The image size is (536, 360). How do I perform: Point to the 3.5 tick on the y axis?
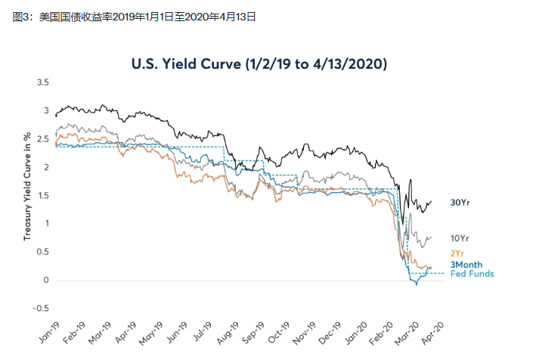(x=42, y=82)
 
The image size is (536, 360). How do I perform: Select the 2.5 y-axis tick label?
(x=42, y=138)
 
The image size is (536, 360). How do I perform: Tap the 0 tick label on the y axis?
(x=46, y=280)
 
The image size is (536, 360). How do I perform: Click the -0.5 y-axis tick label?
(x=41, y=308)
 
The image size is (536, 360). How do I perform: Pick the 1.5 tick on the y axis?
(x=42, y=195)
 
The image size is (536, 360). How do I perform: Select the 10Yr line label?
(x=460, y=237)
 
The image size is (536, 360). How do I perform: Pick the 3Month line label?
(x=466, y=265)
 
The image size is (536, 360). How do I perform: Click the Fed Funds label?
(x=472, y=274)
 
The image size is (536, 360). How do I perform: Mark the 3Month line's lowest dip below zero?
(x=416, y=284)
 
